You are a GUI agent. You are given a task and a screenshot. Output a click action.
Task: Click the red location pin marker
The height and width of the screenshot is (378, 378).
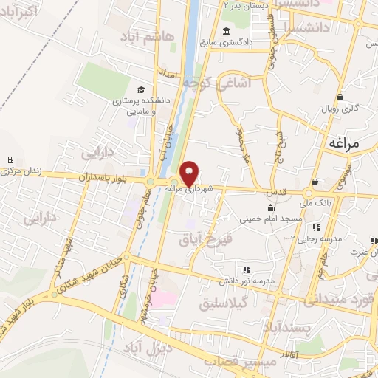[189, 173]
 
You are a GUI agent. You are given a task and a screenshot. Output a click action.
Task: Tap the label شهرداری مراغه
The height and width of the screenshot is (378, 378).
[194, 190]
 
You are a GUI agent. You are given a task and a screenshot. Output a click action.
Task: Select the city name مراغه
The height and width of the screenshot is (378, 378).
[345, 143]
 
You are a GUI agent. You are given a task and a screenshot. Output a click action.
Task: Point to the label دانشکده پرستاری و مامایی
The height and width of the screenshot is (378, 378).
[140, 106]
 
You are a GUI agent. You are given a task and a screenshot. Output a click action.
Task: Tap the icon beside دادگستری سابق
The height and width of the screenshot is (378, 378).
[224, 31]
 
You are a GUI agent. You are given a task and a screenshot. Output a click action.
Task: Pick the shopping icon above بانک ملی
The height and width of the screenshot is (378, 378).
[315, 182]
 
